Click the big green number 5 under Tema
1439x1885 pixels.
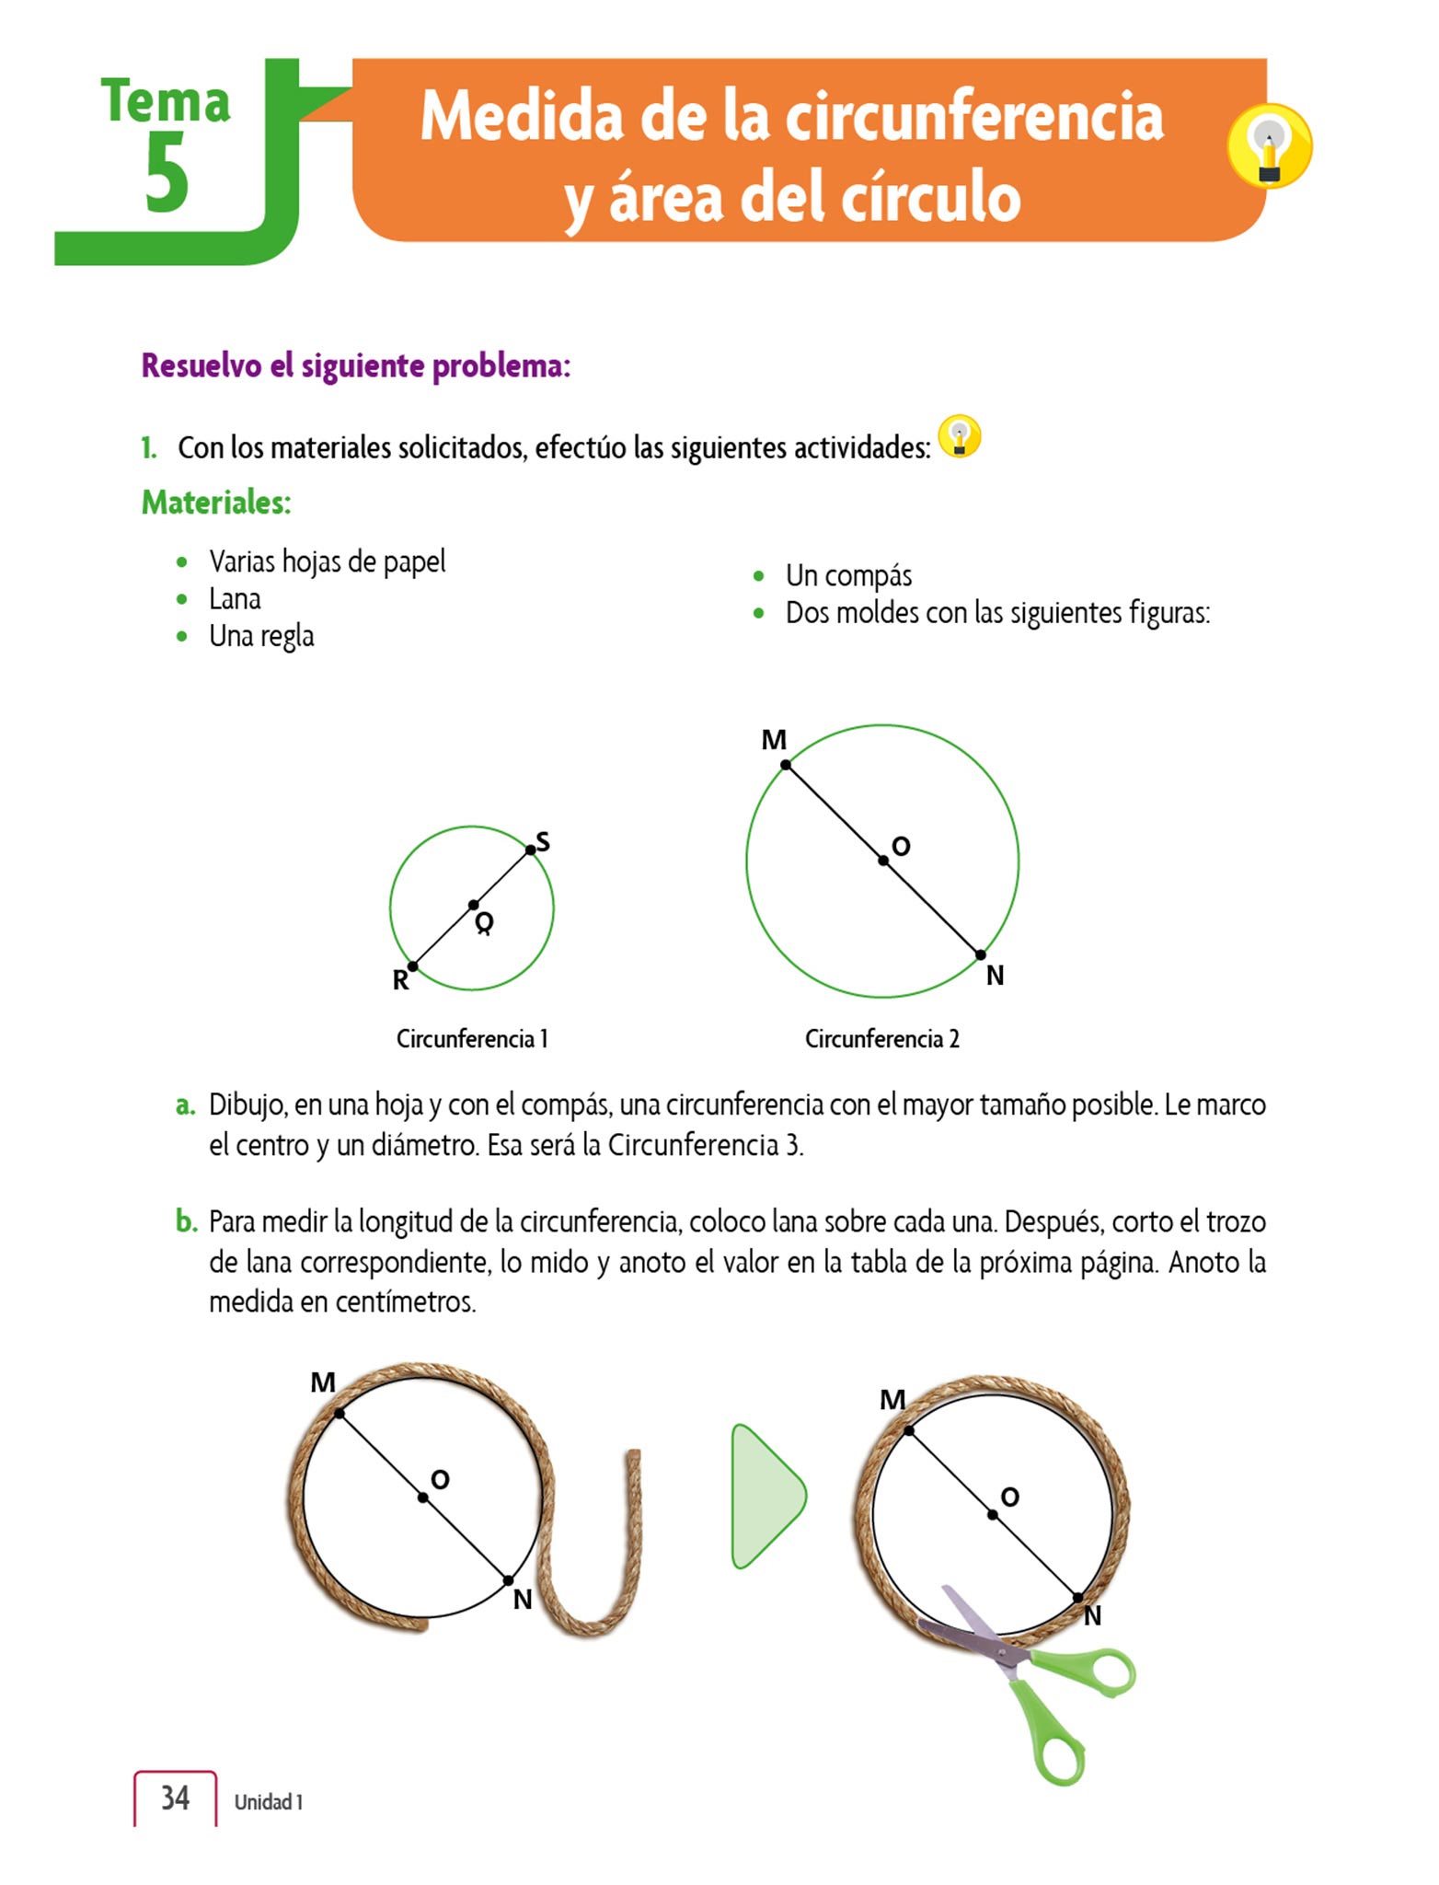(x=167, y=173)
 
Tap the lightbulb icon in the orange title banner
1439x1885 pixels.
(x=1269, y=146)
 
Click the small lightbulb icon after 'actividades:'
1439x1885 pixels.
(x=960, y=436)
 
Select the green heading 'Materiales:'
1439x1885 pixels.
(x=216, y=503)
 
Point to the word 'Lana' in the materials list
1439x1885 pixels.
(x=235, y=599)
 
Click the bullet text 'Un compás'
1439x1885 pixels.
(x=848, y=576)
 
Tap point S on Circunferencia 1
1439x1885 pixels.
(x=531, y=850)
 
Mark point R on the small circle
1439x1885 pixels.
(x=412, y=966)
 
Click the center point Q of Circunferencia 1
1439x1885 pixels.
(x=473, y=906)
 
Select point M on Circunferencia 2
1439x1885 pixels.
(x=785, y=765)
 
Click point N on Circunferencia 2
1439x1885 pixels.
(x=981, y=955)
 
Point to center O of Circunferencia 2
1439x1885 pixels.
(x=883, y=861)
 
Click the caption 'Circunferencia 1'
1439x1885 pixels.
(x=472, y=1039)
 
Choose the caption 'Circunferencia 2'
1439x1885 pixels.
(x=881, y=1039)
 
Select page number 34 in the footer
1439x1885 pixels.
(x=175, y=1798)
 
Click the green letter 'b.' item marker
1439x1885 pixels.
(x=187, y=1222)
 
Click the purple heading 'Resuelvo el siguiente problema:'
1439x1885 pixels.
(x=356, y=366)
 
